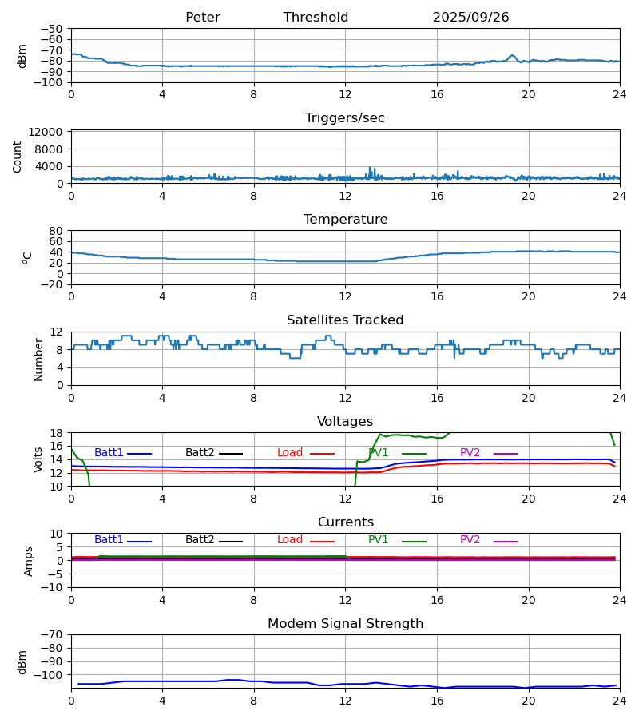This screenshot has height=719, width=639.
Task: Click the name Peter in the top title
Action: click(x=202, y=18)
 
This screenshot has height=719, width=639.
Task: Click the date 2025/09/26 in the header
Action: click(x=470, y=18)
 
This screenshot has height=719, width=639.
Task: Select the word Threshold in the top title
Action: click(x=316, y=18)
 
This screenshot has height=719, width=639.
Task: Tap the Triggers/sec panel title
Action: click(x=345, y=118)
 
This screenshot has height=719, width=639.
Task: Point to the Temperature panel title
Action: click(x=345, y=220)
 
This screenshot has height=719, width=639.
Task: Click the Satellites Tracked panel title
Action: click(x=345, y=320)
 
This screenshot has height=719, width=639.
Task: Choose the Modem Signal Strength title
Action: click(x=345, y=624)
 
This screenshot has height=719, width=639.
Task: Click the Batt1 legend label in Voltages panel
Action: click(x=109, y=453)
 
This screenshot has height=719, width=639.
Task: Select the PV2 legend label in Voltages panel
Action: click(x=470, y=453)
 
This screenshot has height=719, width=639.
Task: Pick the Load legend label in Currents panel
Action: click(x=290, y=540)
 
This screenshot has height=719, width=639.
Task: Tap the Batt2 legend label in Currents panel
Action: click(x=200, y=540)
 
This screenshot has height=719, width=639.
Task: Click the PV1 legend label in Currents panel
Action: click(x=379, y=540)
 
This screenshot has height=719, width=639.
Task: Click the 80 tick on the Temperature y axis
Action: click(x=56, y=231)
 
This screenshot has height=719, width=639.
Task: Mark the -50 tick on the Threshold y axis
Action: click(x=54, y=29)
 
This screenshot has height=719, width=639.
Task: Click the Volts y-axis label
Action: click(x=39, y=459)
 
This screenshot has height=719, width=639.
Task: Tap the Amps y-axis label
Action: click(x=30, y=561)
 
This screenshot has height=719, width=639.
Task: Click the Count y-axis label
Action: click(x=18, y=157)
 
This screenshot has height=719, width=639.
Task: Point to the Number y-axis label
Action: click(x=39, y=359)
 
